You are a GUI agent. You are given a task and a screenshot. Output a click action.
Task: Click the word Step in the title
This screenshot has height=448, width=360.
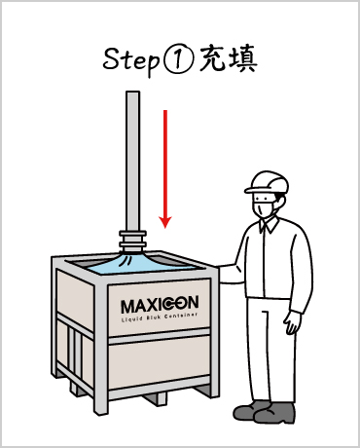131,60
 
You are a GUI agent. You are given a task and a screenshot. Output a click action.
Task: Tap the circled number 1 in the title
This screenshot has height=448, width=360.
178,59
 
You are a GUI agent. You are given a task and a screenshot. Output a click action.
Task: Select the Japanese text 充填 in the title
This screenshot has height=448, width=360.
229,59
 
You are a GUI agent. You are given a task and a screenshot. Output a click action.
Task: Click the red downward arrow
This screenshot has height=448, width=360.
165,168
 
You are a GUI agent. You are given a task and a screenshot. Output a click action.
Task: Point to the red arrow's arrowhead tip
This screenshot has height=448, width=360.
165,228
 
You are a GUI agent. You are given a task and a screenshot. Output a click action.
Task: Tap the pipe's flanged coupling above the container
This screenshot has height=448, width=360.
132,241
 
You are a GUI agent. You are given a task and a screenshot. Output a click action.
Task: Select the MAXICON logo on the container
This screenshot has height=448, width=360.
160,305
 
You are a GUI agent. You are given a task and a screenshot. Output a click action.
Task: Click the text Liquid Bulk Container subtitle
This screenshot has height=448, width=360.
160,317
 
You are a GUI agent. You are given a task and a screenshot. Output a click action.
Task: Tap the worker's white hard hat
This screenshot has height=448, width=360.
267,182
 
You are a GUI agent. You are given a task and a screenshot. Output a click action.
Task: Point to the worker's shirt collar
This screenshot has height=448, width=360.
270,225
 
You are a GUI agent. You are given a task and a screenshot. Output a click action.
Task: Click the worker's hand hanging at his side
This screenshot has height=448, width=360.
293,322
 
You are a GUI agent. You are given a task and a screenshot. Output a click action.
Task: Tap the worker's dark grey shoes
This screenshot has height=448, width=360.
265,412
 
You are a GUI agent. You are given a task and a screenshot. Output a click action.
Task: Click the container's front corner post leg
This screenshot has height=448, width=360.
100,349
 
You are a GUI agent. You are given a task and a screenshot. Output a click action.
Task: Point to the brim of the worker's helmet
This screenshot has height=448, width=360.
255,190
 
